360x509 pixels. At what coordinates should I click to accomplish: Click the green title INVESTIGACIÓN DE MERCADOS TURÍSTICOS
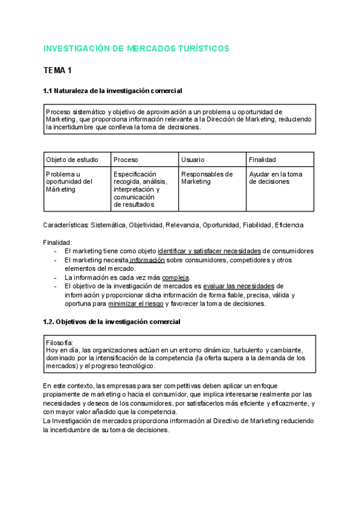coord(136,48)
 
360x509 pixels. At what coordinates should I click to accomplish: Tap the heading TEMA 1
coord(58,71)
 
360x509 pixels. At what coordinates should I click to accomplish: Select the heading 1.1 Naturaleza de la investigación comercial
coord(113,91)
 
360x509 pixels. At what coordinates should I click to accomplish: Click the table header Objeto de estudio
coord(71,160)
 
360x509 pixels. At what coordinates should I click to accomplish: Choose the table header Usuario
coord(193,160)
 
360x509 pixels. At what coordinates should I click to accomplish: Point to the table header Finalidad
coord(263,160)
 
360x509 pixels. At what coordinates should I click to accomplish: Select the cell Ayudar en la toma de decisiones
coord(275,178)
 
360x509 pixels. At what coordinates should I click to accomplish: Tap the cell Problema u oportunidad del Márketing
coord(69,181)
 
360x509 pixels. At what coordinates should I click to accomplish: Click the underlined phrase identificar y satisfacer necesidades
coord(209,251)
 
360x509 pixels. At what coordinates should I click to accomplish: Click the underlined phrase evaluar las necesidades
coord(239,286)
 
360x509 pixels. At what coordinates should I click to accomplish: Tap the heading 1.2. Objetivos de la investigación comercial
coord(112,322)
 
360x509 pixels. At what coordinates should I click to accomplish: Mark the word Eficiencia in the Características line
coord(290,225)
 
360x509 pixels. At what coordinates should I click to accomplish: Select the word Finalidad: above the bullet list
coord(57,242)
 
